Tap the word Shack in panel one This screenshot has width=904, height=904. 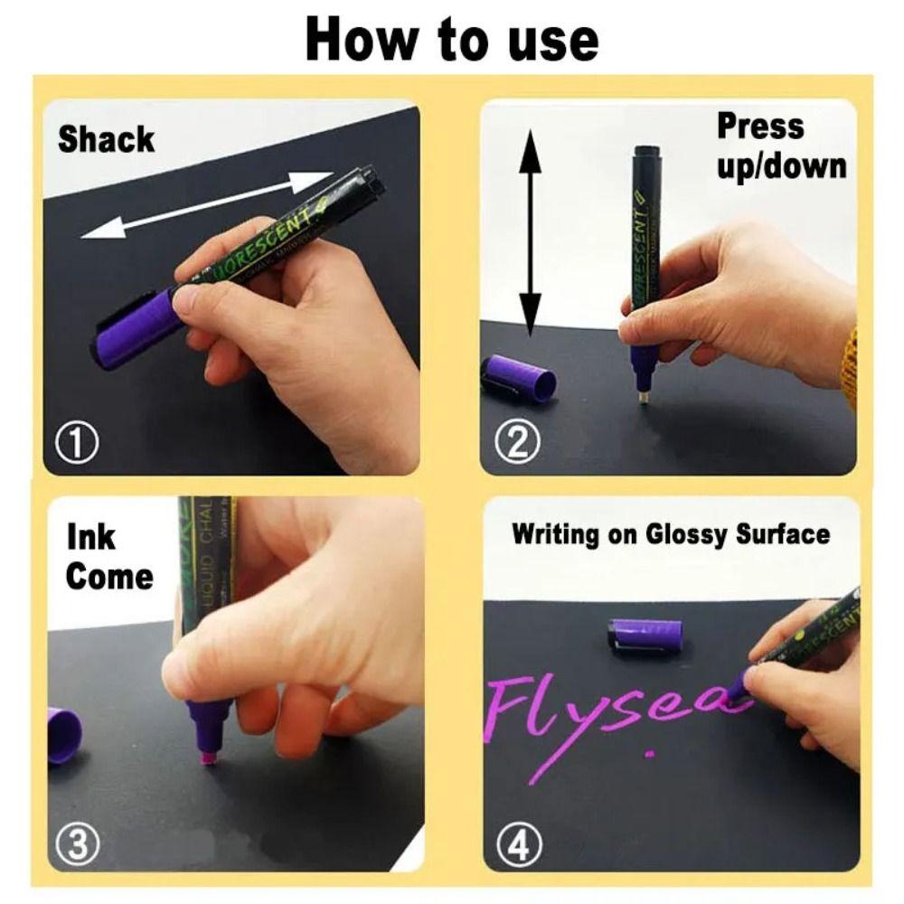click(x=106, y=140)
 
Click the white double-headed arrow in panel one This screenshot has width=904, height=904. click(x=206, y=205)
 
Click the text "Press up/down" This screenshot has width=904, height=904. click(x=779, y=146)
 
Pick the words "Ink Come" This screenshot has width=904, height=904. click(x=108, y=558)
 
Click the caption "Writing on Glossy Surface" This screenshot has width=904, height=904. click(x=670, y=533)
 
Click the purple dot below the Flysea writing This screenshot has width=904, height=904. click(x=648, y=751)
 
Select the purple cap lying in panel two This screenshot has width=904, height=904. click(x=519, y=377)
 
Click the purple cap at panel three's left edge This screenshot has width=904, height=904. click(x=63, y=734)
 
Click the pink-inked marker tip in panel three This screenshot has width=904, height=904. click(x=209, y=756)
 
